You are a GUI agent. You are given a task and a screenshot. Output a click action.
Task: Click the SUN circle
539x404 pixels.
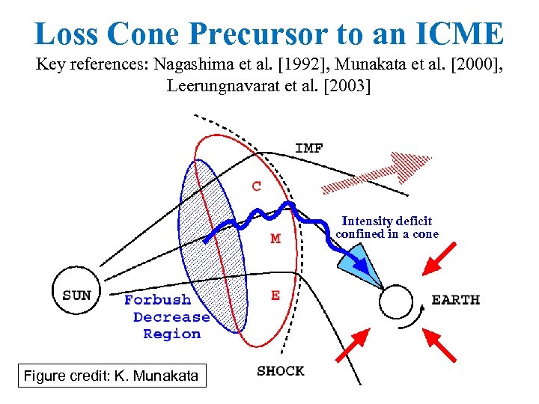[x=76, y=295]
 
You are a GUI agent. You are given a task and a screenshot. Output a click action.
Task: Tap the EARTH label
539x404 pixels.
[x=455, y=300]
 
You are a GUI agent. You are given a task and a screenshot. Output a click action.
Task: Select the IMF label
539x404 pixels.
[x=309, y=148]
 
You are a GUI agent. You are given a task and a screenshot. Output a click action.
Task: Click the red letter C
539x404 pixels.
[x=257, y=186]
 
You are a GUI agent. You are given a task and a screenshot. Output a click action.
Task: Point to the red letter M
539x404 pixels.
[x=275, y=239]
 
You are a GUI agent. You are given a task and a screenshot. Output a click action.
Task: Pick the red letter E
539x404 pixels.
[x=275, y=296]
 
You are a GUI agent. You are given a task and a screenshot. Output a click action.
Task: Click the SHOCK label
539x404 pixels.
[x=280, y=370]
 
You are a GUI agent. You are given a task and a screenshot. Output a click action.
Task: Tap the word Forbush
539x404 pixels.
[x=157, y=300]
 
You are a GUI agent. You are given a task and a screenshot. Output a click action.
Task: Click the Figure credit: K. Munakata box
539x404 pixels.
[x=112, y=376]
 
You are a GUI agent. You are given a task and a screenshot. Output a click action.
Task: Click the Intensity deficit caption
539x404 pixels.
[x=387, y=227]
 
